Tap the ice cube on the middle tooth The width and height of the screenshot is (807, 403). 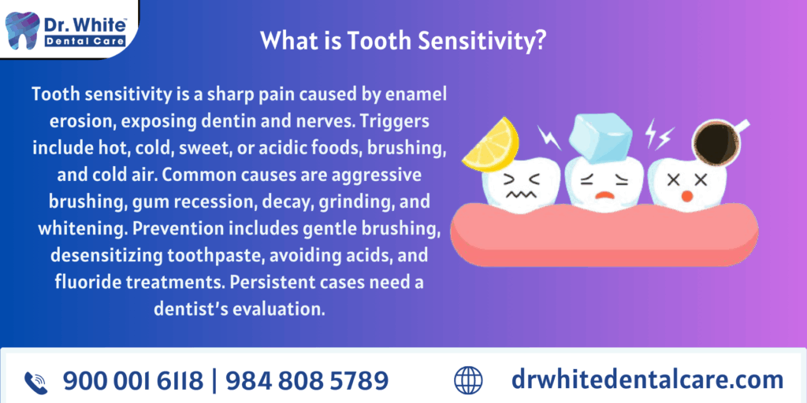[x=600, y=137]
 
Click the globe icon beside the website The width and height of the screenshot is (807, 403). [x=468, y=380]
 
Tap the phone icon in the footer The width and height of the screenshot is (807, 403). [x=36, y=383]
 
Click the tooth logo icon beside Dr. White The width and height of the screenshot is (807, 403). [x=21, y=31]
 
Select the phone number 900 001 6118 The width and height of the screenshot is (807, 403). [x=132, y=381]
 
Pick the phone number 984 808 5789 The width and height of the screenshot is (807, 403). [x=307, y=381]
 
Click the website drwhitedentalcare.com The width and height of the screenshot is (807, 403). [x=647, y=380]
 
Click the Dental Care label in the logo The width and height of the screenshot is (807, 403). [x=85, y=41]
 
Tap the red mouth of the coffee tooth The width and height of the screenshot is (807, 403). [x=686, y=196]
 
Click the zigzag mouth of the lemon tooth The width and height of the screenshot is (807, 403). [x=521, y=195]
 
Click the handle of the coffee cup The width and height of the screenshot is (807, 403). [x=740, y=126]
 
